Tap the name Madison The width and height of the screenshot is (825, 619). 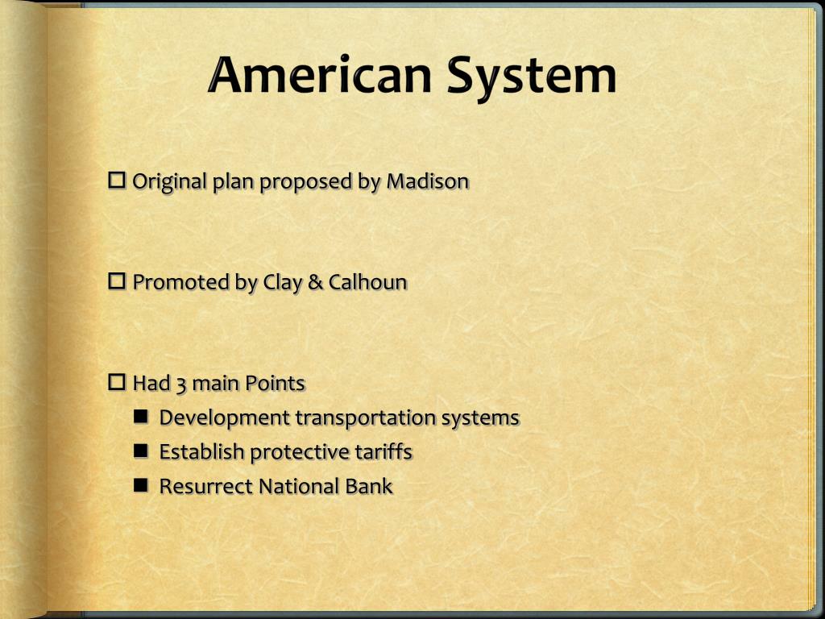coord(427,181)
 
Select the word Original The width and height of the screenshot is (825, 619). coord(169,181)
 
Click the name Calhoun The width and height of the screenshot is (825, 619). coord(367,282)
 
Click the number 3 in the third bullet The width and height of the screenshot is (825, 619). coord(181,384)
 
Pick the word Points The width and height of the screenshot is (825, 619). coord(275,383)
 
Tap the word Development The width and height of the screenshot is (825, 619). coord(224,418)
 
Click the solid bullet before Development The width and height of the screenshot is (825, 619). coord(142,417)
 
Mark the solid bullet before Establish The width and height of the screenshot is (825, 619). coord(142,451)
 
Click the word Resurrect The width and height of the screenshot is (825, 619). coord(205,487)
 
